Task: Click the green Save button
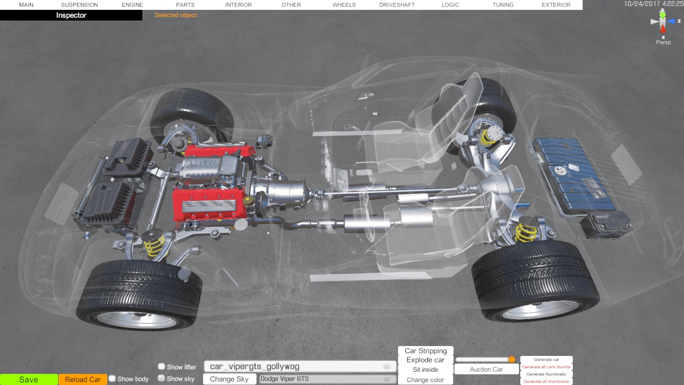click(29, 379)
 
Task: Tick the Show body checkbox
click(112, 379)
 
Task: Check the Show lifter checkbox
click(162, 366)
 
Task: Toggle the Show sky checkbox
click(162, 378)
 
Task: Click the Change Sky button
click(229, 379)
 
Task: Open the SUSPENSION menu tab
click(80, 5)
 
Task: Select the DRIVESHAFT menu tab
click(397, 5)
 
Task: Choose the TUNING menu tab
click(503, 5)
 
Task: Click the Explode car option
click(425, 360)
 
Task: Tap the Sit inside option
click(425, 370)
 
